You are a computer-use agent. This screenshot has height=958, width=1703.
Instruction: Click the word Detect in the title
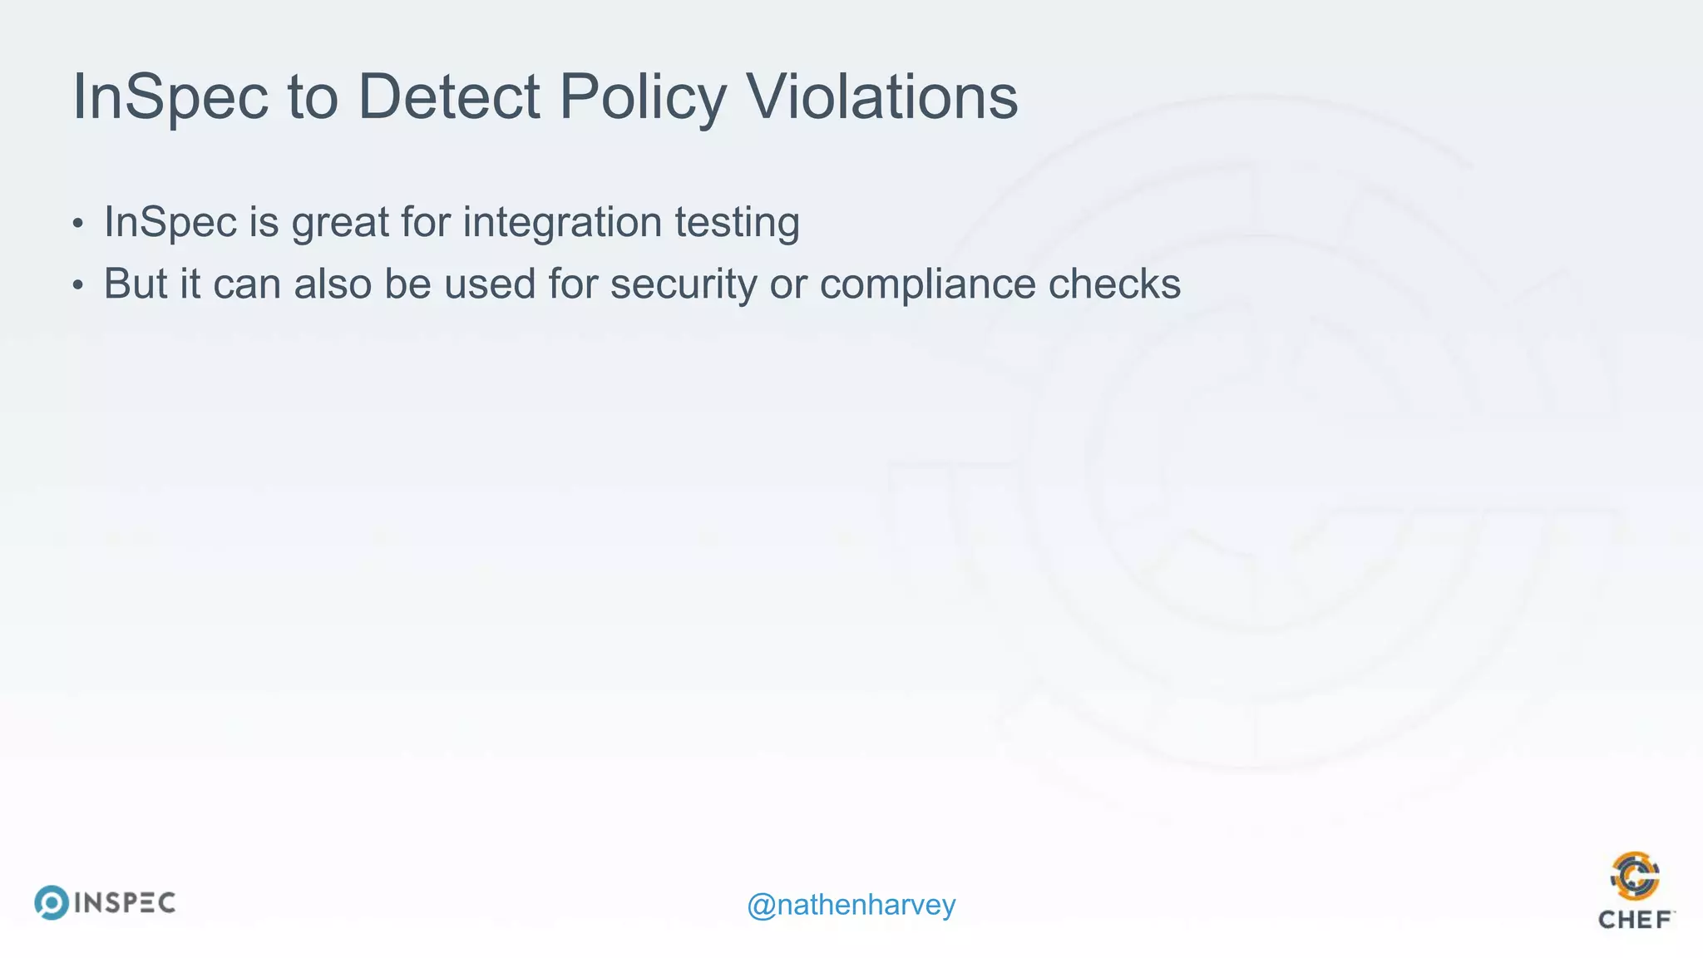(449, 97)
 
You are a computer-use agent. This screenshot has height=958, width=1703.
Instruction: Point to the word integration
(562, 223)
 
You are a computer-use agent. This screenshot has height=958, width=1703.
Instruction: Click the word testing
(737, 223)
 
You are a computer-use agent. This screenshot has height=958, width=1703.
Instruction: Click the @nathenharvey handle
(851, 905)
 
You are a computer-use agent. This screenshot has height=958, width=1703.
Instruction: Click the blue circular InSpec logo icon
(52, 902)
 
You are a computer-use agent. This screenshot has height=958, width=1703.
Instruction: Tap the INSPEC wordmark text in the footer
(125, 903)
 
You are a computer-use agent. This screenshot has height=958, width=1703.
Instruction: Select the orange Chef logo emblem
(1635, 876)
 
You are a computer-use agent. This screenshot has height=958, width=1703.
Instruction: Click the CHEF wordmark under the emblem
(1635, 920)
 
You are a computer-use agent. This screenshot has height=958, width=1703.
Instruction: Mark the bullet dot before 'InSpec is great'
(77, 224)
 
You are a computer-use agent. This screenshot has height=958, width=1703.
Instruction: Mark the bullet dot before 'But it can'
(77, 285)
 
